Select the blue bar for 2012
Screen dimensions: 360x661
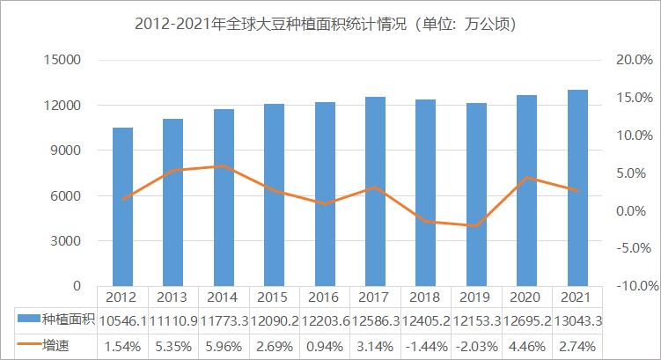click(122, 207)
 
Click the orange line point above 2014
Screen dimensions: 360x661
click(224, 166)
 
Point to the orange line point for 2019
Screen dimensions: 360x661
click(476, 226)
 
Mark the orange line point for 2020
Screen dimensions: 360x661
click(526, 177)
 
